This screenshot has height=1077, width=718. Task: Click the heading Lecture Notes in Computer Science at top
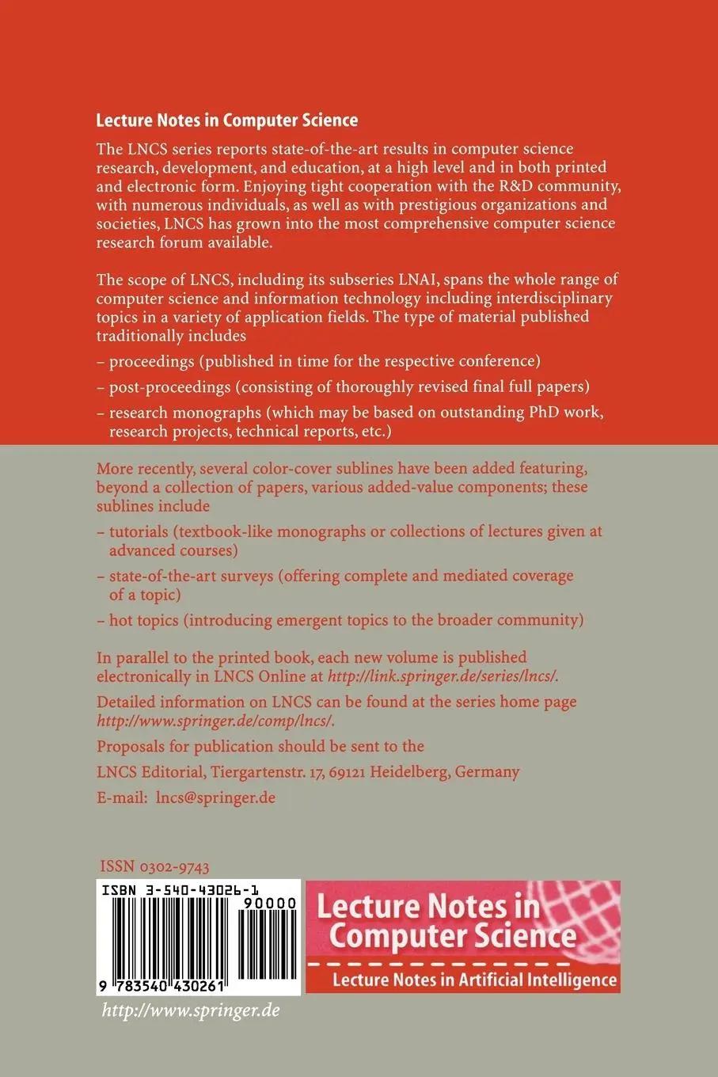pos(226,120)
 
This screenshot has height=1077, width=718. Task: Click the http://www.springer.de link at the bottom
pos(191,1011)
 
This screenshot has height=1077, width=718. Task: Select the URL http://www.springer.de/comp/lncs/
pos(215,720)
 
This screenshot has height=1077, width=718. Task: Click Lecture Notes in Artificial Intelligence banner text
pos(473,980)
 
